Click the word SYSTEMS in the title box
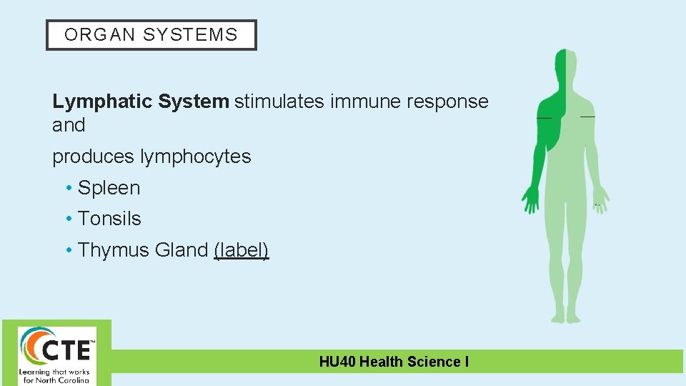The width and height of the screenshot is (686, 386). (190, 35)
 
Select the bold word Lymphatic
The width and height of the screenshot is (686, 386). (102, 102)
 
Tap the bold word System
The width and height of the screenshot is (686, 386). (194, 102)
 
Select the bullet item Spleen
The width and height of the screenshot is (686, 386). (109, 188)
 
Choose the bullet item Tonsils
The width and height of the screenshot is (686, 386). (109, 219)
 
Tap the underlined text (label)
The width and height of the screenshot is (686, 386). (241, 250)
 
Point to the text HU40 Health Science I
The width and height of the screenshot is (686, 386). (394, 362)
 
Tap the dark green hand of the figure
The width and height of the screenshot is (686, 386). (530, 199)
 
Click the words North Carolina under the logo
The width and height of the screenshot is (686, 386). (66, 380)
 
